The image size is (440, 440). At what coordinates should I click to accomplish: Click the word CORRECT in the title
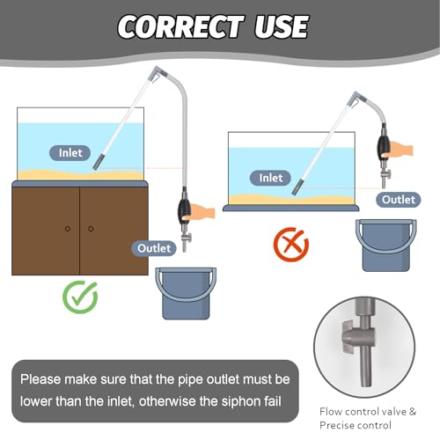point(180,26)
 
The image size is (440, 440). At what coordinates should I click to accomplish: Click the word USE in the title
point(282,26)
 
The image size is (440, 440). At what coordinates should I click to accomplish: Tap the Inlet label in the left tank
point(70,153)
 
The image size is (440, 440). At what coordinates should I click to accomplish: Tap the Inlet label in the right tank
point(270,178)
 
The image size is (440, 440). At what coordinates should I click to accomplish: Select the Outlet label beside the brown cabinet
point(154,248)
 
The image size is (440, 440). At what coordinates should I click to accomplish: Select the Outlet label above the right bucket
point(399,200)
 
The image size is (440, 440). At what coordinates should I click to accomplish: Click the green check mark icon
point(80,297)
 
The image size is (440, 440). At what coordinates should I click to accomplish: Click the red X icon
point(291,244)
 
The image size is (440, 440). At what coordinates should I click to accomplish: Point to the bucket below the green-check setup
point(186,293)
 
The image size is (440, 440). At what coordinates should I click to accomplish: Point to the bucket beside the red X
point(386,246)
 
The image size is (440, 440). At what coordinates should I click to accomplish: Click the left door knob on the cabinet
point(68,229)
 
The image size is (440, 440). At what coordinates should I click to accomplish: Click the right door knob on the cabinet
point(91,229)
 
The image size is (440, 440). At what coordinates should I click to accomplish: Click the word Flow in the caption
point(330,412)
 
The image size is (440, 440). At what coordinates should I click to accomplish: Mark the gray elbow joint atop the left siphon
point(158,73)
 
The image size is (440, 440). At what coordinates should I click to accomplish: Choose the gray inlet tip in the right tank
point(297,187)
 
